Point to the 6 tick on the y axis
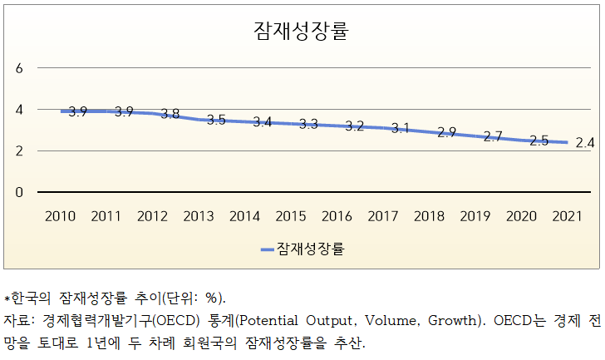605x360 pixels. pos(19,68)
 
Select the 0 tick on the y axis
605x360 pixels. pos(19,192)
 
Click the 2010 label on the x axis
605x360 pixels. pos(60,216)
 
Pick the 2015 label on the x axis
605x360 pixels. pos(290,216)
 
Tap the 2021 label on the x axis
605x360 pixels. pos(566,216)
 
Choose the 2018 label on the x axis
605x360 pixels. pos(428,216)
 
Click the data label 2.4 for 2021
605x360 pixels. pos(585,143)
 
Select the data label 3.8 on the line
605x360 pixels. pos(170,114)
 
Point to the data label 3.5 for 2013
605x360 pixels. pos(216,120)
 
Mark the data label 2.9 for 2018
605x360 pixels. pos(446,132)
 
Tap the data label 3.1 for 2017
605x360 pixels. pos(401,128)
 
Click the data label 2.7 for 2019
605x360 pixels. pos(493,136)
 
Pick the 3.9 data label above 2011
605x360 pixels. pos(125,111)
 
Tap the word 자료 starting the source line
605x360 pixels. pos(17,320)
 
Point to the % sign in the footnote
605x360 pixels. pos(210,298)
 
